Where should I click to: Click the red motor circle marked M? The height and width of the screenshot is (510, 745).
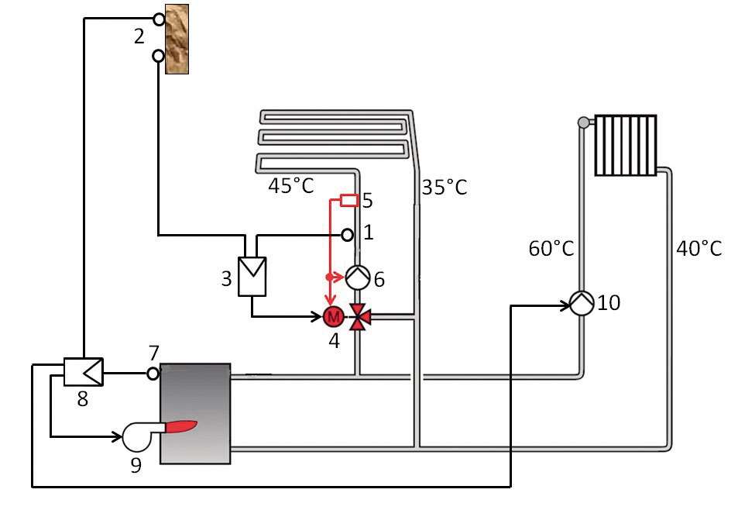point(334,316)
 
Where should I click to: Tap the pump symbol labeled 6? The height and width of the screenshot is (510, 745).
point(357,277)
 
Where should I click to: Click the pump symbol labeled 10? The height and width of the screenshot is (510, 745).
point(582,303)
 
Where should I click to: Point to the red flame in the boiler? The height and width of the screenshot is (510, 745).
point(180,426)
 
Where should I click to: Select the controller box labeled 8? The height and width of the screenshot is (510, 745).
point(83,371)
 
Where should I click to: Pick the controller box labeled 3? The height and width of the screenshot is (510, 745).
point(252,277)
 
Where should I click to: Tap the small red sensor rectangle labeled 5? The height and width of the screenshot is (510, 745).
point(349,200)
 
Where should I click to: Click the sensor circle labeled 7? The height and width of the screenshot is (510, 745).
point(153,374)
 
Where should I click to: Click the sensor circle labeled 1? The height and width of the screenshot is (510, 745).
point(347,235)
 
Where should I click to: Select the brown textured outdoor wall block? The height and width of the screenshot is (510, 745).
point(177,39)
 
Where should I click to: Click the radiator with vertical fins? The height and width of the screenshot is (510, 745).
point(626,145)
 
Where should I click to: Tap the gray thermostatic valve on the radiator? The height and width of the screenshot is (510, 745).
point(583,122)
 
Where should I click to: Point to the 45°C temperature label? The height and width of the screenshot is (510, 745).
point(290,185)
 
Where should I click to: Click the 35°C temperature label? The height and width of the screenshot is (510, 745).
point(445,187)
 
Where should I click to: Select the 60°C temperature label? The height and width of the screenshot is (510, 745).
point(551,248)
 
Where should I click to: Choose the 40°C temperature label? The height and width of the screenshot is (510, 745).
point(699,248)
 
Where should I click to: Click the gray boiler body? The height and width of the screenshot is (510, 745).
point(195,413)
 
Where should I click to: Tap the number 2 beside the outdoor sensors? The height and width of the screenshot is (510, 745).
point(139,36)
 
